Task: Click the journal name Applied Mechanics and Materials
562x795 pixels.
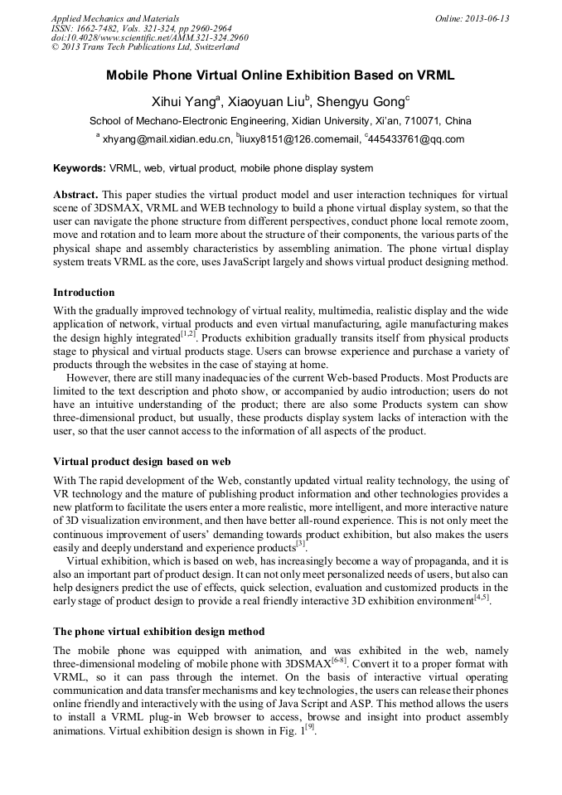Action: pos(114,18)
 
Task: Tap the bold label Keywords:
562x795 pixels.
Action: pos(80,168)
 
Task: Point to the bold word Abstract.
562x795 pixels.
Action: pos(76,193)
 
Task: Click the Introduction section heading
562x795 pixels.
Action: pos(84,293)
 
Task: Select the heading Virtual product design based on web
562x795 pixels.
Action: pos(142,461)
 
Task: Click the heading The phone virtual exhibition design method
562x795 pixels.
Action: pos(158,632)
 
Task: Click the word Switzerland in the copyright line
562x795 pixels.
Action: pos(212,47)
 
